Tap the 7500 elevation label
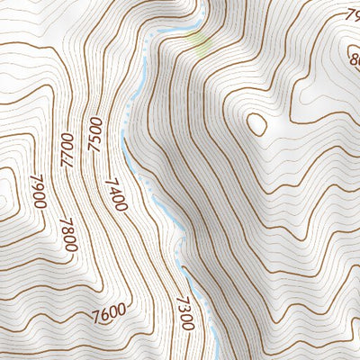coord(95,134)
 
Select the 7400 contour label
coord(115,193)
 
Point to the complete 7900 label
coord(37,192)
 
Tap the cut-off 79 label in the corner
coord(352,14)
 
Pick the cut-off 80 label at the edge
coord(354,62)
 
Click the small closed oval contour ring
coord(256,123)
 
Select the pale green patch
coord(202,40)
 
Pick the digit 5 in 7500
coord(95,129)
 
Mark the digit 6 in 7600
coord(102,315)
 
